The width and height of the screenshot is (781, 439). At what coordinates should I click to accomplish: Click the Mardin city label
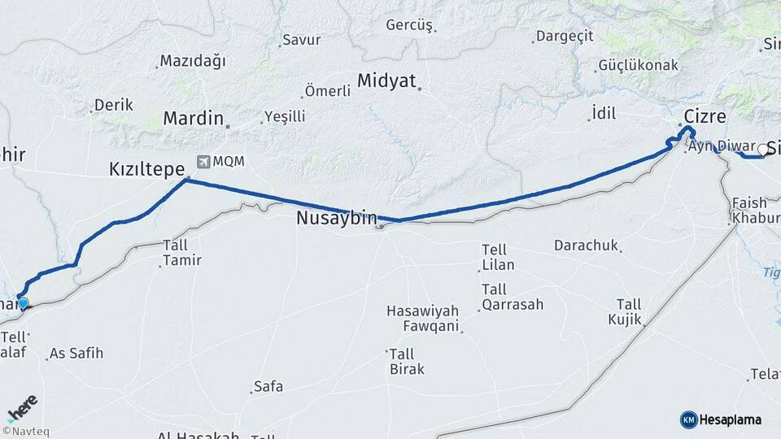193,118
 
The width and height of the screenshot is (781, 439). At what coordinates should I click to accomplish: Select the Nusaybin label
337,218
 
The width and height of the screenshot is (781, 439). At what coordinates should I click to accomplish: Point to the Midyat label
386,81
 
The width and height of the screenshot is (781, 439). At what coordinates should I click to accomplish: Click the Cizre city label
705,115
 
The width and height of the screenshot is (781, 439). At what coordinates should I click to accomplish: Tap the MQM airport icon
203,162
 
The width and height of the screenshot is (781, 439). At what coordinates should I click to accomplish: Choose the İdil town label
602,113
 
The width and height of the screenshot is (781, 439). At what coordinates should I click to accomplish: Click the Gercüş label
409,24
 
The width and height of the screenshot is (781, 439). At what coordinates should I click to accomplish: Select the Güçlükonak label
638,65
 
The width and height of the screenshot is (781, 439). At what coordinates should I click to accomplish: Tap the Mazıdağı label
193,61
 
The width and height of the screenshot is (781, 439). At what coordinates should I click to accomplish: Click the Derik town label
114,105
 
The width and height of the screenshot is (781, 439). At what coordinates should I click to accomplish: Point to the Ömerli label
327,91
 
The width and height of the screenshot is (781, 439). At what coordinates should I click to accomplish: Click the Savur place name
301,39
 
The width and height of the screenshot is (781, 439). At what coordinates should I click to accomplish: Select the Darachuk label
586,245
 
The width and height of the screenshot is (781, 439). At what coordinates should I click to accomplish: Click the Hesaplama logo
721,419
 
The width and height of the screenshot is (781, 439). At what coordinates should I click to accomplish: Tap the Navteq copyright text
25,432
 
